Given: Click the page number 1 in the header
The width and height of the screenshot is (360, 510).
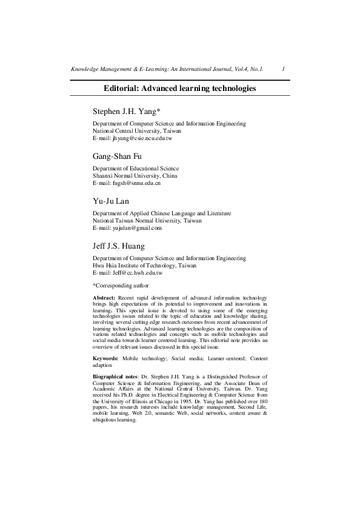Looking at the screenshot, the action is coord(284,70).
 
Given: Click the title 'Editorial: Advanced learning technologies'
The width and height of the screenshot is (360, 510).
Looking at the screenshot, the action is coord(179,88).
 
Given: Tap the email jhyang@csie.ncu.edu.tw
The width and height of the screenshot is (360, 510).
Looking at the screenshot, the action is coord(132,138).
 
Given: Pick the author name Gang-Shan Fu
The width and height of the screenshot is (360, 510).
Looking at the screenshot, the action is coord(118,156).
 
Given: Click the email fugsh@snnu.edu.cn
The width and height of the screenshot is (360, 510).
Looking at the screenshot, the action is coord(126,183).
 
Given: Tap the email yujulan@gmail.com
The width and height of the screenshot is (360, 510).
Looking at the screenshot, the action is coord(127,228).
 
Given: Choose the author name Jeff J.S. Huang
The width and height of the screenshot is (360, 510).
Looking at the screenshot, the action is coord(119,246).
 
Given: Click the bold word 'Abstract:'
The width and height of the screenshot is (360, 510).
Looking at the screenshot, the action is coord(104,298).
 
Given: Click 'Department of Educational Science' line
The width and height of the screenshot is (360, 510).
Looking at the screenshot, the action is coord(135,168).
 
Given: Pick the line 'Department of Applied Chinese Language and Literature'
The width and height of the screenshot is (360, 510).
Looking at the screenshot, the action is coord(161,213).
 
